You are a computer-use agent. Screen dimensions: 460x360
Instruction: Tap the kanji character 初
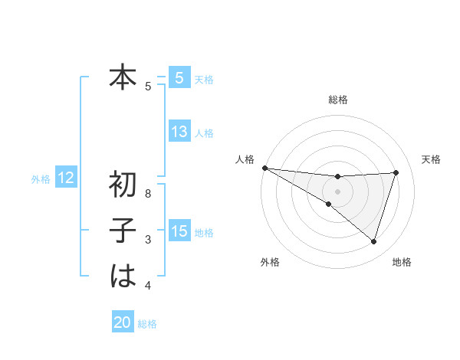123,185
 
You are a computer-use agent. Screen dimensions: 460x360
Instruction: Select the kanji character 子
123,231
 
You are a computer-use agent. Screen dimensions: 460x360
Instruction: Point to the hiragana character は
123,276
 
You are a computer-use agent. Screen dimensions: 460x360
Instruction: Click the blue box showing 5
179,77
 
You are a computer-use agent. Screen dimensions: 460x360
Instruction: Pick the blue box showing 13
179,132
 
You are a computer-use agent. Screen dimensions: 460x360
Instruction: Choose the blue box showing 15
179,231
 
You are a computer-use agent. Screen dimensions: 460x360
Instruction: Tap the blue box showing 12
65,178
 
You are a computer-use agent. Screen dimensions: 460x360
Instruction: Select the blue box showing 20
123,322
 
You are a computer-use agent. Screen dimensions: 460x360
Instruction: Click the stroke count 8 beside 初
148,194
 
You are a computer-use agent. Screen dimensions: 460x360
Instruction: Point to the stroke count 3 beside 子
148,240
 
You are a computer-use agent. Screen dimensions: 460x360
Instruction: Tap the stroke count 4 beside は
148,286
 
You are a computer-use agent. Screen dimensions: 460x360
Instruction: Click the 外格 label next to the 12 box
41,179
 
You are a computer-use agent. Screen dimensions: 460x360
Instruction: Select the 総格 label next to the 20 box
147,324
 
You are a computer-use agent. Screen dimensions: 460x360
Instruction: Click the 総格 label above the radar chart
338,100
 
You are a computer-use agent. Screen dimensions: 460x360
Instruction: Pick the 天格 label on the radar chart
432,159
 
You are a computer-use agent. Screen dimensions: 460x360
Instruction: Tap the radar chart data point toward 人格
264,167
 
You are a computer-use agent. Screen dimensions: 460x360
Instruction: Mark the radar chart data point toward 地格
374,241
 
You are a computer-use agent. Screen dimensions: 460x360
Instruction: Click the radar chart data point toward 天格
396,172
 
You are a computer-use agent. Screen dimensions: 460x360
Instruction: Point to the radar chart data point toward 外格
328,204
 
